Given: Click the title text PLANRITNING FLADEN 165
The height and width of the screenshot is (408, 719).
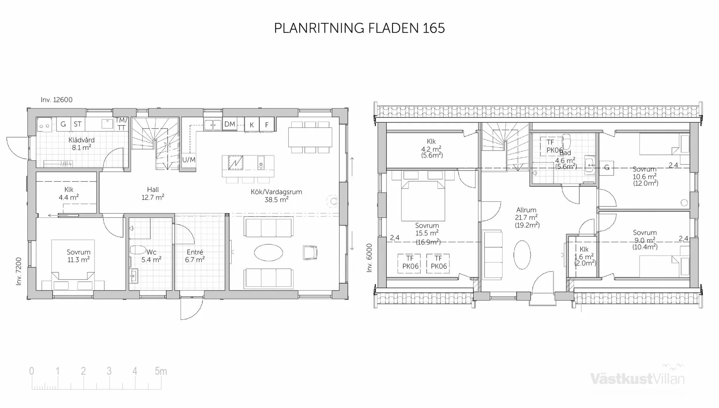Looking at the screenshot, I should click(359, 28).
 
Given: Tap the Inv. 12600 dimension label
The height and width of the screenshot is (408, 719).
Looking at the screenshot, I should click(57, 100).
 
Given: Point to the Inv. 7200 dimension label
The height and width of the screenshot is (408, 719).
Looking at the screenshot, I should click(19, 271).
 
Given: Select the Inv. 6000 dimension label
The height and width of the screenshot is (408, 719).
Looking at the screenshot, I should click(369, 258).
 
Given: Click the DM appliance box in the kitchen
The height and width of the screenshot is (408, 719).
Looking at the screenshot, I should click(230, 124).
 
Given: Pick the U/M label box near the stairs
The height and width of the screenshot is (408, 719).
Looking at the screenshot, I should click(189, 160).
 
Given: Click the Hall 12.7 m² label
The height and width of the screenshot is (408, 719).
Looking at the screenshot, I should click(153, 193).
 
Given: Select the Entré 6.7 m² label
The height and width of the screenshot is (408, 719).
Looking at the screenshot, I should click(195, 256).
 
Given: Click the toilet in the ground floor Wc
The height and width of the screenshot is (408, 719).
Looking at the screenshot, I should click(138, 250).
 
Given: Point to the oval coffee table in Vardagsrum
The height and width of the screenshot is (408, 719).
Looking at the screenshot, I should click(268, 253).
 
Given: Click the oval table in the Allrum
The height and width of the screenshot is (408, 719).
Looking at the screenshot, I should click(522, 255).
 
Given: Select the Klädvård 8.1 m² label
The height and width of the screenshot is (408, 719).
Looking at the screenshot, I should click(81, 143).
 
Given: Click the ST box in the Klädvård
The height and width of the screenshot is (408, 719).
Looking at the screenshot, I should click(78, 124).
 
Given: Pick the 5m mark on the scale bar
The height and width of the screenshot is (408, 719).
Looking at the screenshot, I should click(161, 371).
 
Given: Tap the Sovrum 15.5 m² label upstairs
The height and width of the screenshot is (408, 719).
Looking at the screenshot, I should click(427, 229).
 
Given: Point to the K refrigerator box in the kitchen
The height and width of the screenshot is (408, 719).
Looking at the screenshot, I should click(252, 125).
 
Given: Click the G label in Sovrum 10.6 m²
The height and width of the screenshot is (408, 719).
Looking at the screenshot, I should click(607, 167).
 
